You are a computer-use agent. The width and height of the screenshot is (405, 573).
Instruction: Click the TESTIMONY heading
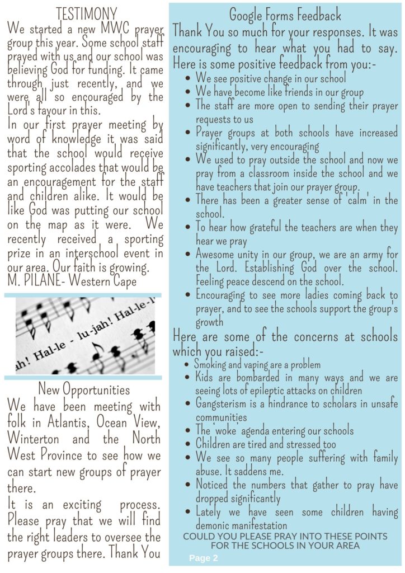(x=86, y=13)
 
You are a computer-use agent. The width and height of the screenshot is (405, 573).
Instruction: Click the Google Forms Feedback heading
(x=285, y=15)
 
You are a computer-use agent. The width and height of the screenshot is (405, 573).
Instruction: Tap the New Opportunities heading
(x=84, y=389)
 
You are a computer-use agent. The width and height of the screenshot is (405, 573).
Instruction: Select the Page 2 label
(x=203, y=558)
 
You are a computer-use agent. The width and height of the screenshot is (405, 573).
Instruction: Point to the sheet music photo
(x=85, y=336)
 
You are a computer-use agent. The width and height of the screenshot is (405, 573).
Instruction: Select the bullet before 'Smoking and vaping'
(x=187, y=365)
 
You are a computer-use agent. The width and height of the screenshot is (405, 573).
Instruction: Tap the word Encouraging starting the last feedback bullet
(x=224, y=295)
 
